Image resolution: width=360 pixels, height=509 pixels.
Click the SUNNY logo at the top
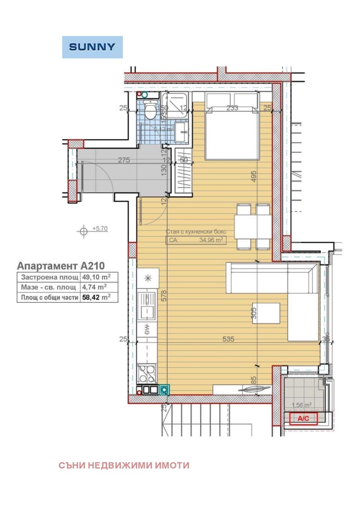(92, 47)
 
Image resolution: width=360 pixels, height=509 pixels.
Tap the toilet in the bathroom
(149, 108)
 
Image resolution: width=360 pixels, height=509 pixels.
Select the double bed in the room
(233, 126)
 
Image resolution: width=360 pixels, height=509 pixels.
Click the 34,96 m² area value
(211, 240)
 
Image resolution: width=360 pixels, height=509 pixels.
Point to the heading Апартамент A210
(61, 266)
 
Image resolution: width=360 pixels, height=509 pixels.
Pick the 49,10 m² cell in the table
(97, 277)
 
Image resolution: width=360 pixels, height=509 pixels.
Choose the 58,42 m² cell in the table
(97, 297)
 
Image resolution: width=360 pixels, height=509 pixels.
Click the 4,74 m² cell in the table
(94, 287)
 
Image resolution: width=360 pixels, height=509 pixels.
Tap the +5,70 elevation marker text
(100, 229)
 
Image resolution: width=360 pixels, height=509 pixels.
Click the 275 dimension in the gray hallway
(124, 160)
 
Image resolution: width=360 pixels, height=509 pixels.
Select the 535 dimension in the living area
(228, 340)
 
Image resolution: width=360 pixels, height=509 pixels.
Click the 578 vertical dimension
(164, 295)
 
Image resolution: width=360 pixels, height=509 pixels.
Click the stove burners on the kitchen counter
(147, 372)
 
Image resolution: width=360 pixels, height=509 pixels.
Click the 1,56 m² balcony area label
(301, 405)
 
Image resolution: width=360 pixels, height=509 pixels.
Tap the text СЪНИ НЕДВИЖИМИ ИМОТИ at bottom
(124, 465)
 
